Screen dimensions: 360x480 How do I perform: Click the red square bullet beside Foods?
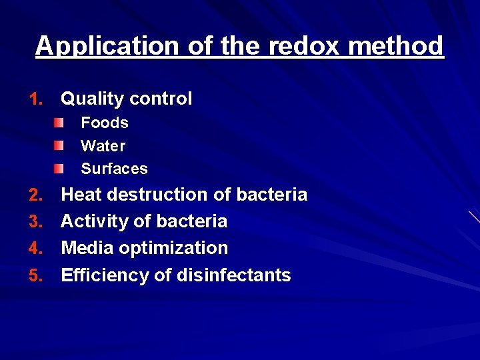(x=60, y=122)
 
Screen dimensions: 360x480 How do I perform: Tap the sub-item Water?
(x=103, y=145)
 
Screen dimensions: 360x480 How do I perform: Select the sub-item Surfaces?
(x=114, y=169)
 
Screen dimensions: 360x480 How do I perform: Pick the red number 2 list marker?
(x=36, y=195)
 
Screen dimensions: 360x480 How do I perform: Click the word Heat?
(x=83, y=195)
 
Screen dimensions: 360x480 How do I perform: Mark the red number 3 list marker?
(x=36, y=221)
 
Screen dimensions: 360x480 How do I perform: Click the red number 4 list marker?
(x=36, y=249)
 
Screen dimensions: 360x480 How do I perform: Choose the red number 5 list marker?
(x=36, y=275)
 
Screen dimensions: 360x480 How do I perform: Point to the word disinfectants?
(x=233, y=275)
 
